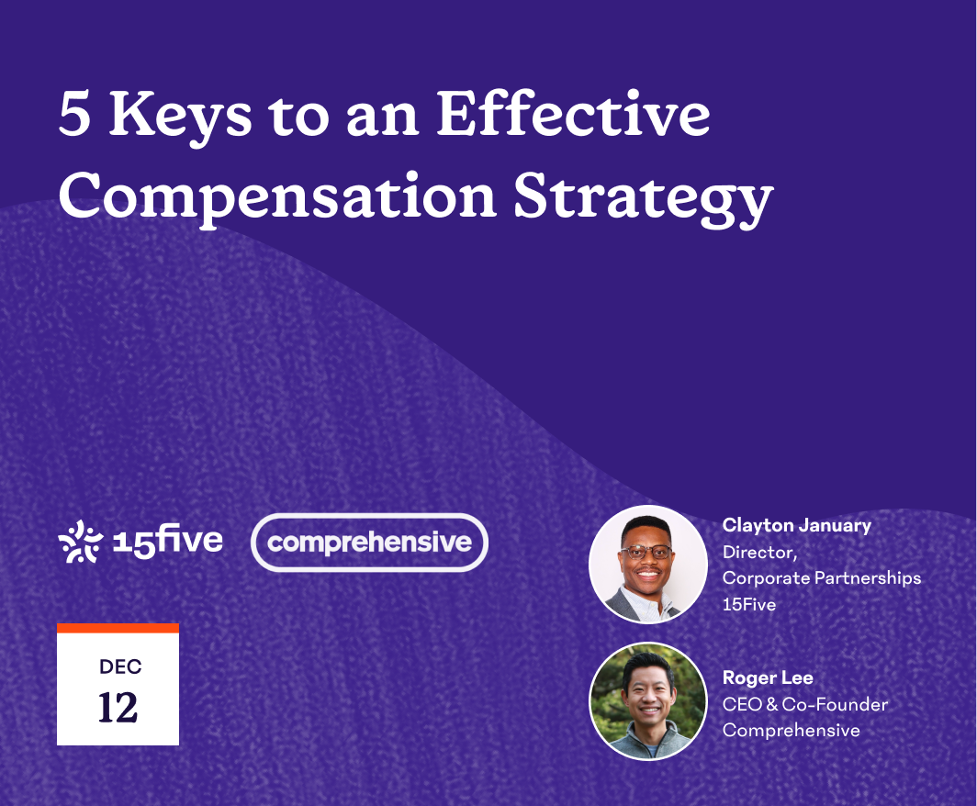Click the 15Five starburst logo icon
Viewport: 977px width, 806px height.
[x=80, y=541]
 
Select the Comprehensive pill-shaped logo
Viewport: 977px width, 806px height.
[x=369, y=542]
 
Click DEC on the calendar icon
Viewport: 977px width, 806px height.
[x=119, y=666]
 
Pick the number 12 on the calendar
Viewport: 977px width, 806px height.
[x=118, y=707]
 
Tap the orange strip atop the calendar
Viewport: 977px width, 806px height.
[x=118, y=629]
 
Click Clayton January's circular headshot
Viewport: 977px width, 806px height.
[x=648, y=565]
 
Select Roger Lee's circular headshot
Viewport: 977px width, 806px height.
[x=648, y=701]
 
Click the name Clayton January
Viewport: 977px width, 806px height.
[x=796, y=526]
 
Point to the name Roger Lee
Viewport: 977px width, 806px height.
[x=768, y=678]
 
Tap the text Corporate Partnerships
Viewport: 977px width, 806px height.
[x=821, y=578]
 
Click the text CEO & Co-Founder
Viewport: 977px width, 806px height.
[x=804, y=705]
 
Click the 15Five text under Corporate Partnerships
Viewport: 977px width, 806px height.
[x=748, y=605]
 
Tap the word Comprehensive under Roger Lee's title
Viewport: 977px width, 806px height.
[x=791, y=731]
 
